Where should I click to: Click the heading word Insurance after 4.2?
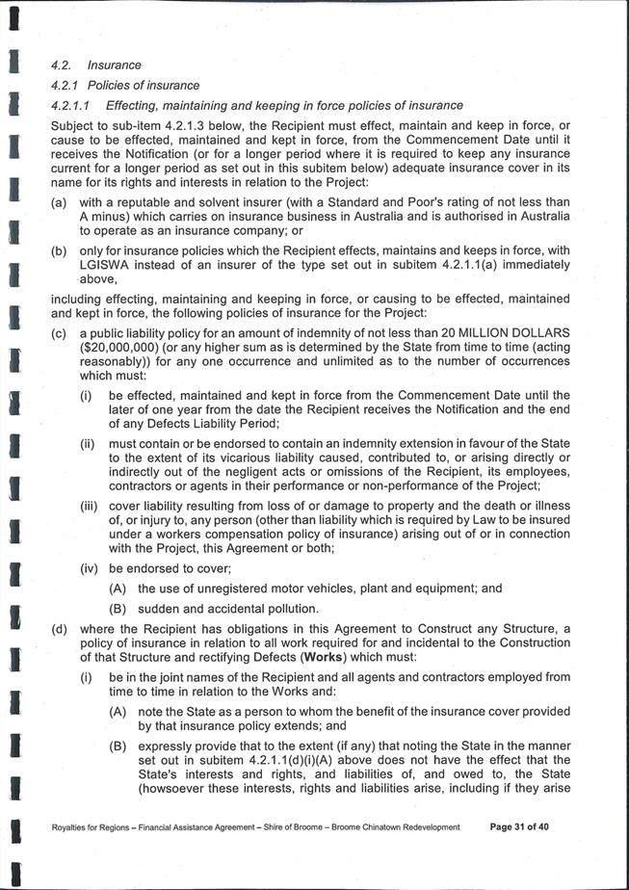[x=114, y=65]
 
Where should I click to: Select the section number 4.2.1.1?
[x=70, y=105]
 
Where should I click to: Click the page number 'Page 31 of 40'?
[x=518, y=826]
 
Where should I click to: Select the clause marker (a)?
[x=59, y=202]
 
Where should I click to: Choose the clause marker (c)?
[x=59, y=332]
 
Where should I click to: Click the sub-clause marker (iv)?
[x=92, y=567]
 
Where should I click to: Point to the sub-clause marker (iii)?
[x=92, y=505]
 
